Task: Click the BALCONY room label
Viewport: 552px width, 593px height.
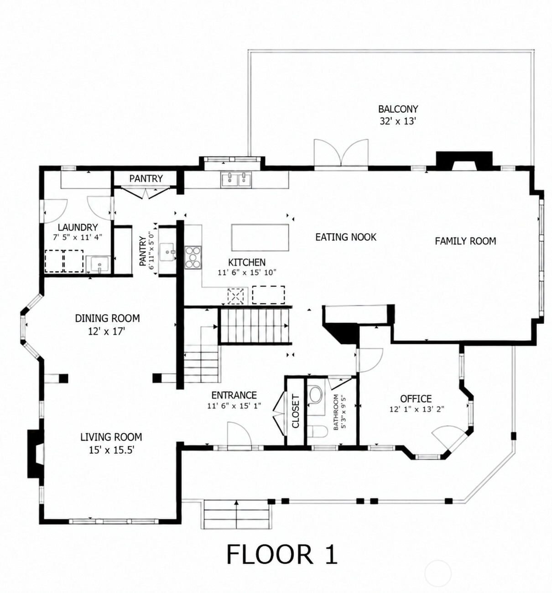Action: (398, 109)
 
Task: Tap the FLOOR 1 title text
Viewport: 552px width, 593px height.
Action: (282, 554)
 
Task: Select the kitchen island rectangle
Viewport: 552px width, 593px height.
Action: (260, 238)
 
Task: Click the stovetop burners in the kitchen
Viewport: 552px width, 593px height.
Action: (193, 257)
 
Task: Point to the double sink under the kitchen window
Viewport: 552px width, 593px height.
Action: (237, 180)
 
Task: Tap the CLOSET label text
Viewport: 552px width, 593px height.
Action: (296, 411)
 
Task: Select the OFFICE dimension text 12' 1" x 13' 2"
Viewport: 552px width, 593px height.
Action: (417, 409)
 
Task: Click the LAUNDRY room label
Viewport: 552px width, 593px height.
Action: (78, 228)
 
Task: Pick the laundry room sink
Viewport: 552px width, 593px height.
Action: (98, 264)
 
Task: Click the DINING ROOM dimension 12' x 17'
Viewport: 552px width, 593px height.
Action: (106, 331)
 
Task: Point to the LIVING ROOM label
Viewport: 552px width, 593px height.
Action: (111, 437)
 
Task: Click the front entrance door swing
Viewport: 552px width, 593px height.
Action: (240, 435)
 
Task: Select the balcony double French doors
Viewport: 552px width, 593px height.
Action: (341, 154)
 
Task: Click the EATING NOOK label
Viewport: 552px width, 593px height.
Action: (346, 237)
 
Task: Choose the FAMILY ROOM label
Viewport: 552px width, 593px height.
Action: (465, 241)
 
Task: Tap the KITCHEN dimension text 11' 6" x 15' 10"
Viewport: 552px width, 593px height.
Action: (247, 272)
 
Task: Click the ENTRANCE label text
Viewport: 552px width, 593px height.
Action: (234, 395)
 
